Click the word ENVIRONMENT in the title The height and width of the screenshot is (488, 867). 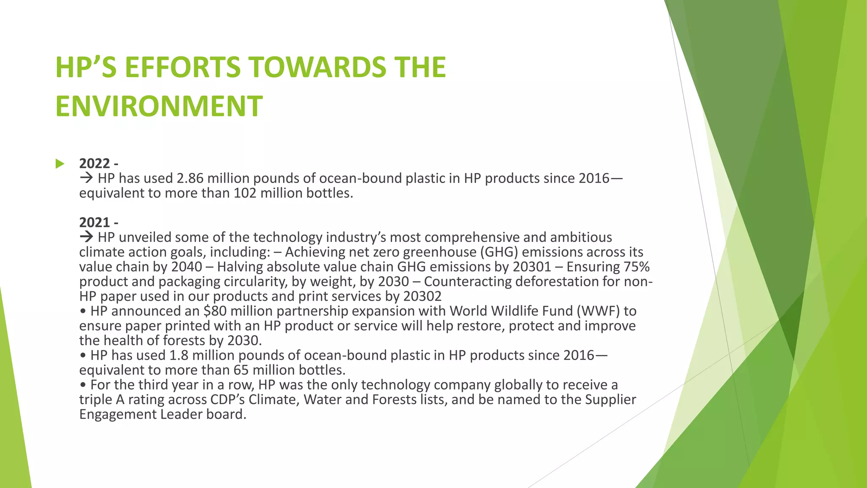159,106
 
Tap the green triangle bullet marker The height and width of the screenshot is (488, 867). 60,164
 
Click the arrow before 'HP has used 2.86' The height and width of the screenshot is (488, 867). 86,178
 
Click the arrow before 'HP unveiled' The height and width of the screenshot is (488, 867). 86,237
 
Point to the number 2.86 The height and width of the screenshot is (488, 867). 190,178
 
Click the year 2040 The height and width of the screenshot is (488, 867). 187,267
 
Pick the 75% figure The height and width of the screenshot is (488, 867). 637,267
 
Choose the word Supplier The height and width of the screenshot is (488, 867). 610,399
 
